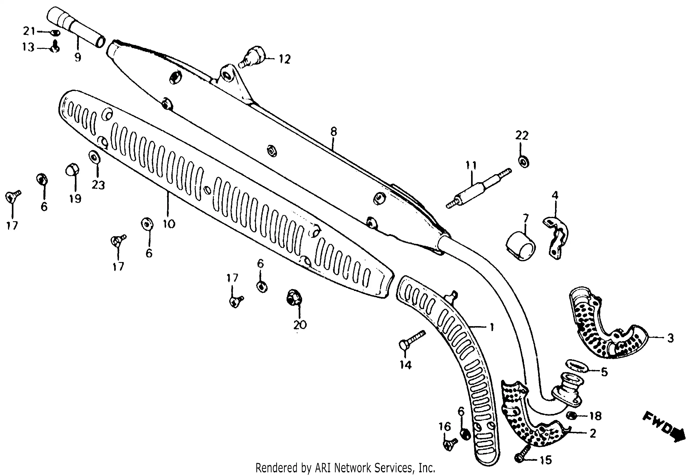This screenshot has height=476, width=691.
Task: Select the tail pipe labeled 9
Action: coord(76,27)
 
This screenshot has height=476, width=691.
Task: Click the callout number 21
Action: coord(29,31)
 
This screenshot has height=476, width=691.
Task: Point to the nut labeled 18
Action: coord(571,416)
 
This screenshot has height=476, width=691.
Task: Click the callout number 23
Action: coord(98,185)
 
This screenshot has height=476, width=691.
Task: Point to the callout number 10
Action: coord(169,224)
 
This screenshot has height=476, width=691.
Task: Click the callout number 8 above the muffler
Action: coord(333,131)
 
